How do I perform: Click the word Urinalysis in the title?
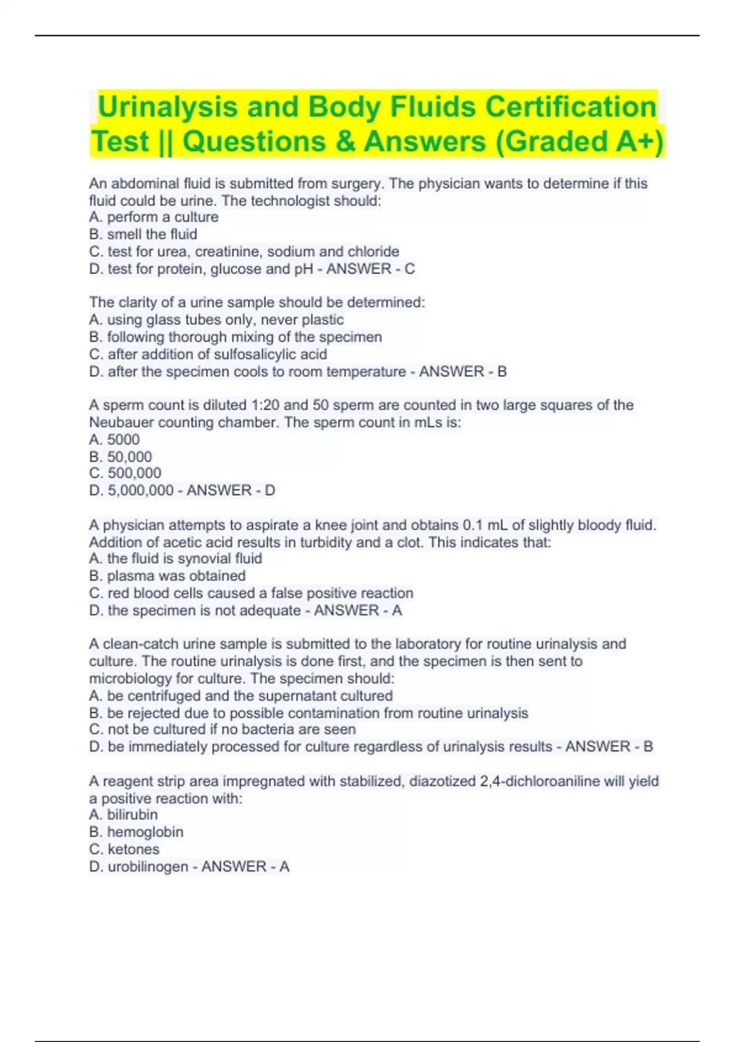coord(167,107)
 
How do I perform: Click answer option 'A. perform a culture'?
coord(154,217)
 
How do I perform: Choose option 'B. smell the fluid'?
coord(143,234)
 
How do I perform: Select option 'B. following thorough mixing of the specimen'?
coord(236,337)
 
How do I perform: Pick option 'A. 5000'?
coord(115,439)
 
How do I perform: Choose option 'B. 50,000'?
coord(121,457)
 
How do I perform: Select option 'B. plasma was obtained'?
coord(167,576)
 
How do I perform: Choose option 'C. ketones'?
coord(124,849)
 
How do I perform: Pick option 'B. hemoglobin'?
coord(136,832)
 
